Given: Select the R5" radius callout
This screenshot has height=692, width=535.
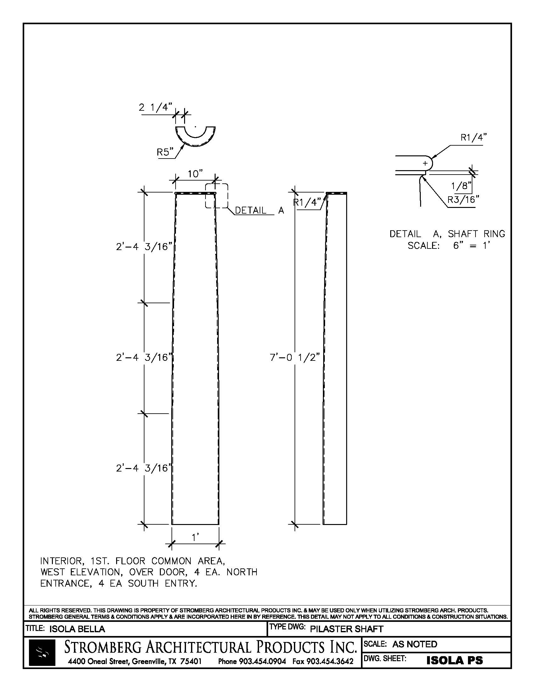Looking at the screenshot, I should click(x=165, y=153).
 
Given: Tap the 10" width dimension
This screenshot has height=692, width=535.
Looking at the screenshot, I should click(x=195, y=174).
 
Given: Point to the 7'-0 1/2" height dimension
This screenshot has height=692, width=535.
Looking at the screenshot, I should click(x=295, y=357).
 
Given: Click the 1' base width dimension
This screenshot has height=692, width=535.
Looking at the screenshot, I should click(x=195, y=537).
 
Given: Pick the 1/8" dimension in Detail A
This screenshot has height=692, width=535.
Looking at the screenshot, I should click(x=461, y=186).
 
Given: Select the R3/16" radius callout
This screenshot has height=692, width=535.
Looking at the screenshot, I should click(x=463, y=200).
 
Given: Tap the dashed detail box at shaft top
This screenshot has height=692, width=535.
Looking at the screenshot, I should click(x=217, y=196).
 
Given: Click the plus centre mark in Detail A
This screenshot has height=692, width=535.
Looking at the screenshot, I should click(x=425, y=164).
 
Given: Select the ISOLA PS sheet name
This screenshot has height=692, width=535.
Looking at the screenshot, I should click(x=454, y=660).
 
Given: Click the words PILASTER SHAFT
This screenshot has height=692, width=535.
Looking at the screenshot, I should click(x=346, y=629).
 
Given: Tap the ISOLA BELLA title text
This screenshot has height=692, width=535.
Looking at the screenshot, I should click(x=77, y=629).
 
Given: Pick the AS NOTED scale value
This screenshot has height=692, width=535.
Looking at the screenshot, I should click(x=414, y=644).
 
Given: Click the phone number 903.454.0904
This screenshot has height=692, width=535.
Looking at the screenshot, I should click(x=262, y=661).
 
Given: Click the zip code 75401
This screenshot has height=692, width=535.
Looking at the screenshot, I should click(x=191, y=661).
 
